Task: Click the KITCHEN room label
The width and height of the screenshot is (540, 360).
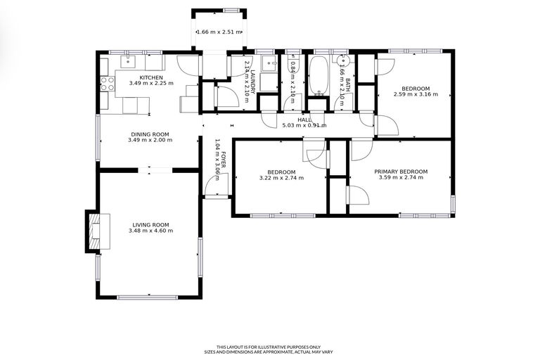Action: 151,77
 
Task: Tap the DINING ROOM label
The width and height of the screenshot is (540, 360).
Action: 150,134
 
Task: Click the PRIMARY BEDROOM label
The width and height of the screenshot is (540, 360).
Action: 401,172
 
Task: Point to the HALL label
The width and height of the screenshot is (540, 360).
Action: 304,120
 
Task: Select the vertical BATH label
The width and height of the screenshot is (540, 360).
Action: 348,86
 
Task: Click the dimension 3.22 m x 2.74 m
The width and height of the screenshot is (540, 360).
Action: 281,178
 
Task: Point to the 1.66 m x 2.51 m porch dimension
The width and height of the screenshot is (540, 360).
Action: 219,32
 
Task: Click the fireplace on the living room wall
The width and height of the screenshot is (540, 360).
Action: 93,231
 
